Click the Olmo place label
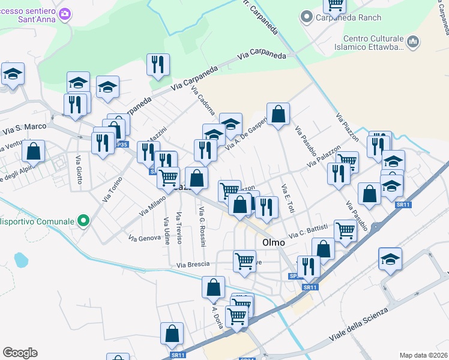[x=277, y=243]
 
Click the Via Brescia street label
[x=193, y=264]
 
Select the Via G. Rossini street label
[x=202, y=226]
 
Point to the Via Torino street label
[x=112, y=189]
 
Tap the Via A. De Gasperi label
[x=246, y=131]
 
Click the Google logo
[x=20, y=353]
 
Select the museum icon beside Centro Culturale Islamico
[x=412, y=41]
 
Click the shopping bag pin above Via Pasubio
[x=278, y=113]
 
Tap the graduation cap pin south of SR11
[x=390, y=259]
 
